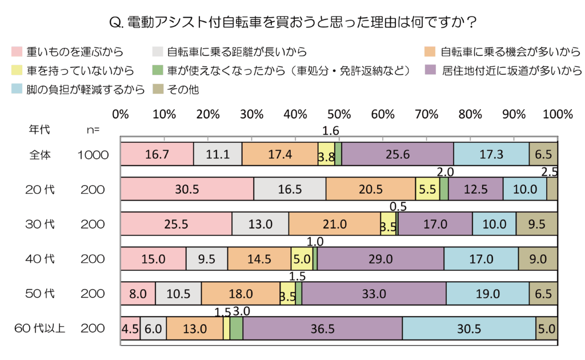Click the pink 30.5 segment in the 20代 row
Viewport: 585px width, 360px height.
tap(187, 189)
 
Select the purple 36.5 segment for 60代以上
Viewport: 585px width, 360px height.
tap(323, 329)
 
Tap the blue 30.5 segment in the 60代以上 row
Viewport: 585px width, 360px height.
tap(469, 329)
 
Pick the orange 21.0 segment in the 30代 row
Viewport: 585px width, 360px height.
tap(334, 224)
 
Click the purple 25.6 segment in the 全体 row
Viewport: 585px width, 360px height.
tap(398, 154)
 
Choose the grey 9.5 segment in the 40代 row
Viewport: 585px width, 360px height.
tap(207, 259)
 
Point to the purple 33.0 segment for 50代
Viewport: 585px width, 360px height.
tap(374, 294)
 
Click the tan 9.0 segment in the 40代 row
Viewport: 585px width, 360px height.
tap(538, 259)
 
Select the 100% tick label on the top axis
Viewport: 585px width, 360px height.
tap(557, 114)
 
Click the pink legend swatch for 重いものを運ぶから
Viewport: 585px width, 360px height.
tap(17, 53)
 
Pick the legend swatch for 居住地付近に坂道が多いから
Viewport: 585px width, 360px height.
tap(432, 71)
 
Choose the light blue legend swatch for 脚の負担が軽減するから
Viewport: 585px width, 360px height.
tap(17, 89)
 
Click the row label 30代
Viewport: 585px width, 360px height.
tap(42, 224)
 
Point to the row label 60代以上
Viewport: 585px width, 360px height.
tap(40, 329)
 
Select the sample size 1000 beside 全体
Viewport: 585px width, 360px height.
tap(93, 154)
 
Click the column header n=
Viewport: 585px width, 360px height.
tap(93, 130)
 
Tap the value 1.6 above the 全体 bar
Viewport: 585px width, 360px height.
tap(331, 131)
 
